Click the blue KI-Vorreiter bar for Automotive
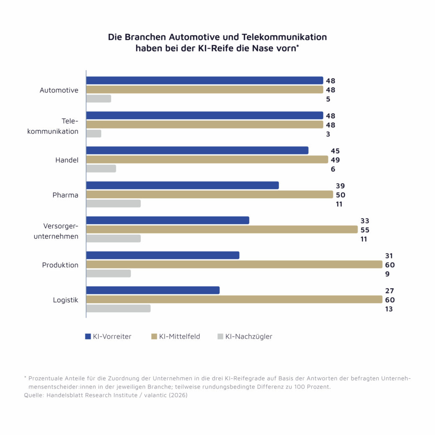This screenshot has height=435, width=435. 205,80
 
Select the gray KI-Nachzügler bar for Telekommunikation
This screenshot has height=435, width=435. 94,133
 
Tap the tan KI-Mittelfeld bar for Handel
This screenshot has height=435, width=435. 207,159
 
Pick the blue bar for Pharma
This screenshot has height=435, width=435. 182,185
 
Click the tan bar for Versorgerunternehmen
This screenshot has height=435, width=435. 222,229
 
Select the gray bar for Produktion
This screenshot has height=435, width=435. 108,273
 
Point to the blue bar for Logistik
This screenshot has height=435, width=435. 153,290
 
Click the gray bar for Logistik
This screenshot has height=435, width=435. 118,308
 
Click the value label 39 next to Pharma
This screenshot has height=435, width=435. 340,186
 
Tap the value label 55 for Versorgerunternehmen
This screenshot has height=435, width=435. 365,230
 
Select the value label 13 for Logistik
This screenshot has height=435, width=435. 389,309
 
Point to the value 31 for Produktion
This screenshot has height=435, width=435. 389,256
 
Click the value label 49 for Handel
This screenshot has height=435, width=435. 335,160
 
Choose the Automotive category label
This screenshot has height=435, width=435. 59,90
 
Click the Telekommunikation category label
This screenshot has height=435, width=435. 53,126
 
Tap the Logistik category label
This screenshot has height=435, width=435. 65,300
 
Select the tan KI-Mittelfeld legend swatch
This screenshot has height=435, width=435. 154,336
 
